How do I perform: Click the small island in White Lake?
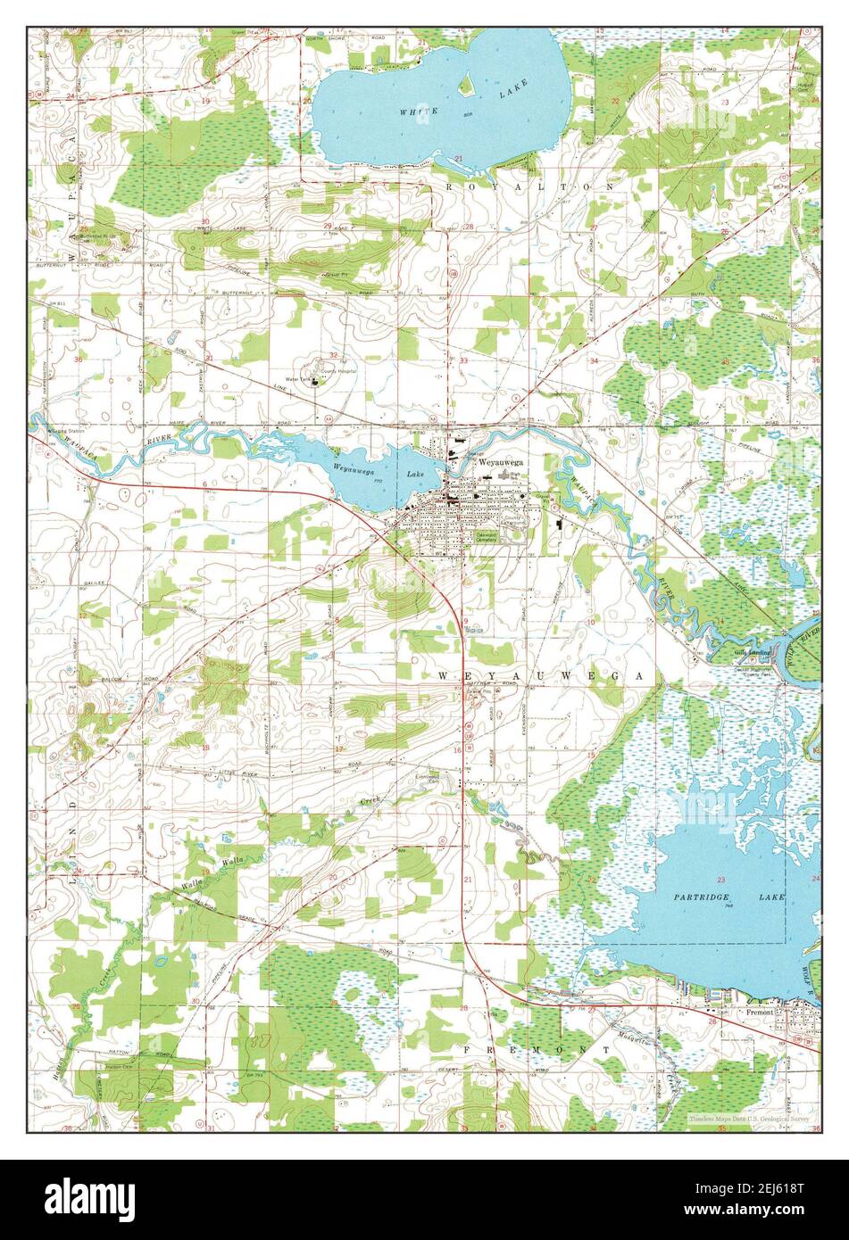click(x=464, y=86)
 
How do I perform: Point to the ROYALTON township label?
click(x=530, y=187)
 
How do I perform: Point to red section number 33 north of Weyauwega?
click(x=464, y=360)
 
